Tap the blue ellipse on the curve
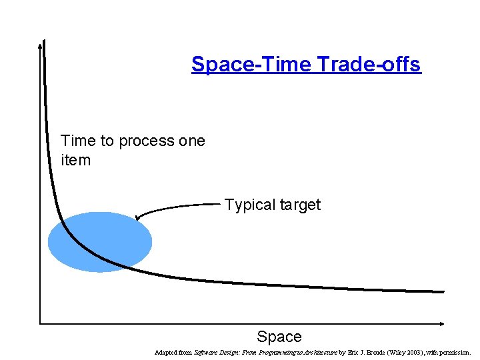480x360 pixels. (100, 241)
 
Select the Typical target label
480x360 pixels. (272, 205)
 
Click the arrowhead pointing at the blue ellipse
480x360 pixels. (137, 217)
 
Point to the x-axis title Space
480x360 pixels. (279, 337)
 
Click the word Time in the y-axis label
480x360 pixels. (78, 141)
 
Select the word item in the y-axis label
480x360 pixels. (75, 160)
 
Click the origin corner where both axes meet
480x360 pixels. (41, 323)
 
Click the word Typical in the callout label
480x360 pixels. (248, 205)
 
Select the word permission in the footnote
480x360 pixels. (453, 352)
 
